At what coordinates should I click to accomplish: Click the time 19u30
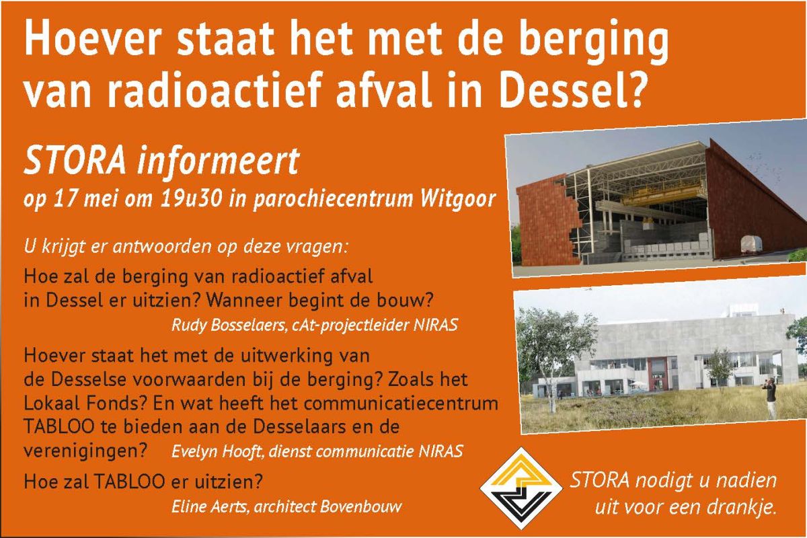point(190,198)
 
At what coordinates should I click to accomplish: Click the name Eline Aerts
point(210,506)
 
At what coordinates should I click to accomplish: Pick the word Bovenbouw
point(360,506)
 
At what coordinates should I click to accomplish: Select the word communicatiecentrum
point(401,403)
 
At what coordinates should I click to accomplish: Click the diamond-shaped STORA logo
point(521,488)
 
